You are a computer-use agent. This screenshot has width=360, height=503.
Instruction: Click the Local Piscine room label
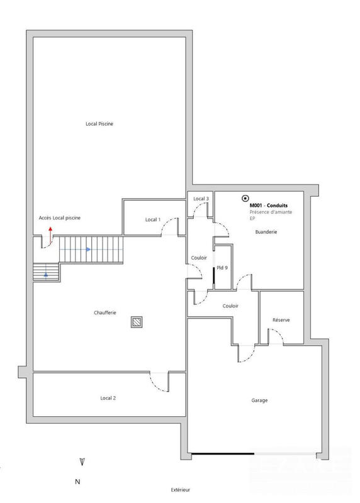[x=99, y=124]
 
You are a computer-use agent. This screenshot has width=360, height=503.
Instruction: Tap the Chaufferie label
[x=104, y=312]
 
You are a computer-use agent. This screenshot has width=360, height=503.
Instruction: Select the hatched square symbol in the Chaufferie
[x=137, y=321]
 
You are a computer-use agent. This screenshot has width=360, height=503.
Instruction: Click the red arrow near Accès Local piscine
[x=50, y=230]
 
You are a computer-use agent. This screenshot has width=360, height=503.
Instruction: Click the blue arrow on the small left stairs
[x=46, y=275]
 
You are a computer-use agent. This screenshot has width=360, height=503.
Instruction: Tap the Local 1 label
[x=152, y=219]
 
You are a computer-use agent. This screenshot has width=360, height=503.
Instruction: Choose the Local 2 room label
[x=108, y=398]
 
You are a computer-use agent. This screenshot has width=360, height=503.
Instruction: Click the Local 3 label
[x=201, y=199]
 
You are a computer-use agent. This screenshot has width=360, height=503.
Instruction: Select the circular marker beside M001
[x=245, y=198]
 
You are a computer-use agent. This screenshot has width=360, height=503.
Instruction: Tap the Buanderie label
[x=266, y=232]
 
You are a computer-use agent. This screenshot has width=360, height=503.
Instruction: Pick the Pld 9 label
[x=222, y=268]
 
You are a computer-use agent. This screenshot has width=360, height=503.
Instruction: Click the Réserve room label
[x=281, y=320]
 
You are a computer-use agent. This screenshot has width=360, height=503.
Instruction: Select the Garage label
[x=259, y=400]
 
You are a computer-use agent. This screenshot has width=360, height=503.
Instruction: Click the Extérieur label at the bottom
[x=180, y=490]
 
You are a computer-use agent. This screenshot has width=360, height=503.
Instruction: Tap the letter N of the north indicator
[x=78, y=482]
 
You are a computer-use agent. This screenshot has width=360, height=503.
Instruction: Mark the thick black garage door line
[x=223, y=455]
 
